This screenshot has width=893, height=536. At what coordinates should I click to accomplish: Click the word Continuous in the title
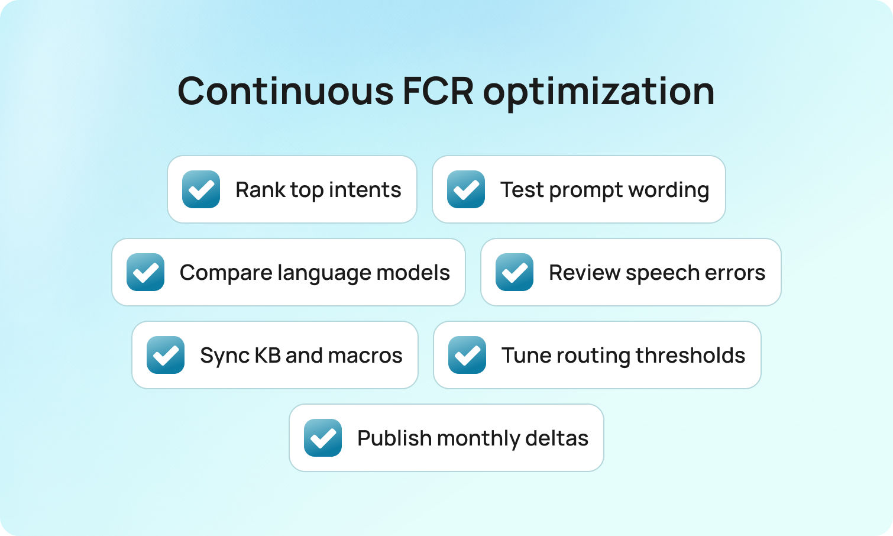pyautogui.click(x=286, y=91)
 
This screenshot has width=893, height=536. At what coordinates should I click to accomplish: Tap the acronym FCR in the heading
pyautogui.click(x=438, y=91)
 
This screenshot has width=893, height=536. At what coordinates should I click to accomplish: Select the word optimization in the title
pyautogui.click(x=598, y=92)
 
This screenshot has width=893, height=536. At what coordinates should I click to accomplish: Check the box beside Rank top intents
pyautogui.click(x=201, y=189)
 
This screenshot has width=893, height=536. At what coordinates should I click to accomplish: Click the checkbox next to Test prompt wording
pyautogui.click(x=466, y=189)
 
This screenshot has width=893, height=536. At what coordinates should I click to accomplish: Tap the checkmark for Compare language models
pyautogui.click(x=145, y=272)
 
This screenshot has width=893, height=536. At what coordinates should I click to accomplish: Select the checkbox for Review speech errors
pyautogui.click(x=515, y=272)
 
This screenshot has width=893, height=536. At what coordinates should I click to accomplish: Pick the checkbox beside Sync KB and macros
pyautogui.click(x=166, y=355)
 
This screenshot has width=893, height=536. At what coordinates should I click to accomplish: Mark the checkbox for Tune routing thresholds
pyautogui.click(x=467, y=355)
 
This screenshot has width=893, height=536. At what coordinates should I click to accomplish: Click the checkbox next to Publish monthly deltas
pyautogui.click(x=323, y=438)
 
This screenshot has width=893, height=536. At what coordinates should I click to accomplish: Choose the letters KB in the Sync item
pyautogui.click(x=267, y=355)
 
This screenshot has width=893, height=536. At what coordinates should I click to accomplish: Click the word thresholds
pyautogui.click(x=690, y=355)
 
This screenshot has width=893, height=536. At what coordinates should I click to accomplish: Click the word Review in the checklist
pyautogui.click(x=584, y=273)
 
